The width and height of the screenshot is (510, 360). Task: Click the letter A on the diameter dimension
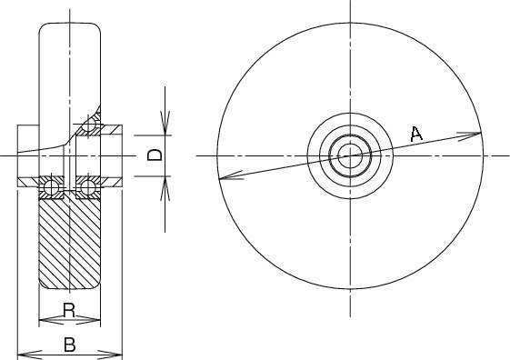416,134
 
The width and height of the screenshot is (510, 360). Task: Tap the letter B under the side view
70,345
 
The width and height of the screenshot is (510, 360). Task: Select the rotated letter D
155,155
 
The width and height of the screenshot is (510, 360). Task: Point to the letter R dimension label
69,310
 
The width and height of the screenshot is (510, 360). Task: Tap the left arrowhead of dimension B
29,354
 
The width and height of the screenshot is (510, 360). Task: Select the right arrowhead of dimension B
110,354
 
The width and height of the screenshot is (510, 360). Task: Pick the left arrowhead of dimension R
51,321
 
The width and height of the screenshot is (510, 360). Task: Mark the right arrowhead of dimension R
88,321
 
